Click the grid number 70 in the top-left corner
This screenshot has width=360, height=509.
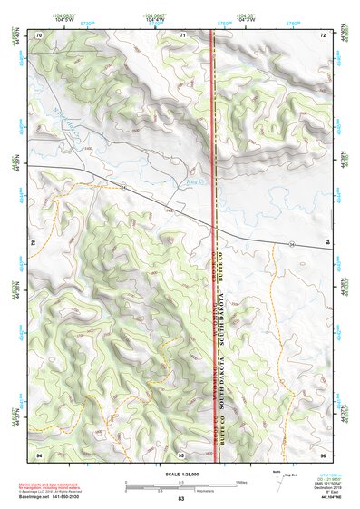39,34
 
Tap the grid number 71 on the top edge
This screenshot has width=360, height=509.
182,34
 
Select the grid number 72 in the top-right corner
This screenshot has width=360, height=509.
323,34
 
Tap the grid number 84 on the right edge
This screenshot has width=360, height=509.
328,244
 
